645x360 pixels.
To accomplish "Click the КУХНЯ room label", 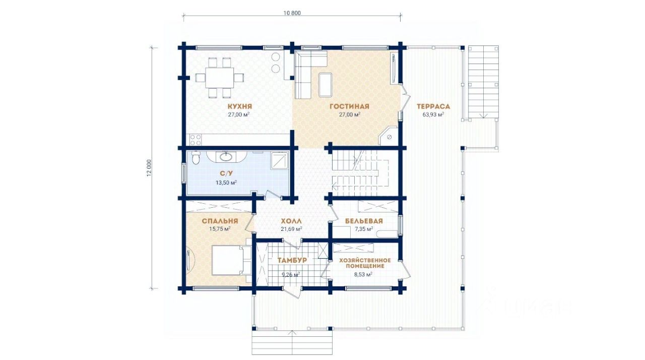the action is (x=239, y=106).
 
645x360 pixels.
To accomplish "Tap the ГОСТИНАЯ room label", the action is (x=349, y=106).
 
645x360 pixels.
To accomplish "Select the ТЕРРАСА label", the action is (x=433, y=106).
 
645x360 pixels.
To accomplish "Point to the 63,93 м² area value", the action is (x=433, y=114).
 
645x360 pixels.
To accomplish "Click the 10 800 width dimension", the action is (x=292, y=13).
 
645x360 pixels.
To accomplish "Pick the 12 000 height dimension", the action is (x=149, y=168).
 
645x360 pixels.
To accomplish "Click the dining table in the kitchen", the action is (x=219, y=78).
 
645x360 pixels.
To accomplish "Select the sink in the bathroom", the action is (x=226, y=157).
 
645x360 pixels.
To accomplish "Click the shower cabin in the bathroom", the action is (x=279, y=160).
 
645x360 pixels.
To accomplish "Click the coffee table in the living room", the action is (x=325, y=84).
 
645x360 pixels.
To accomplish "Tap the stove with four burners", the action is (x=196, y=140).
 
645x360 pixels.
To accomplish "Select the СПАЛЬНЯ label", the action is (x=220, y=221).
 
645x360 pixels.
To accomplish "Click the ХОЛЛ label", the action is (x=291, y=221).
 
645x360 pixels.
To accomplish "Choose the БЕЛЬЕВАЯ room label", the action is (x=364, y=221).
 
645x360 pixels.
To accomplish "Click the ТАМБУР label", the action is (x=292, y=260).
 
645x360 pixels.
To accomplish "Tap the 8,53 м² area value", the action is (x=363, y=274).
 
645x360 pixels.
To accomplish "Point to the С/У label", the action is (x=226, y=173).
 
